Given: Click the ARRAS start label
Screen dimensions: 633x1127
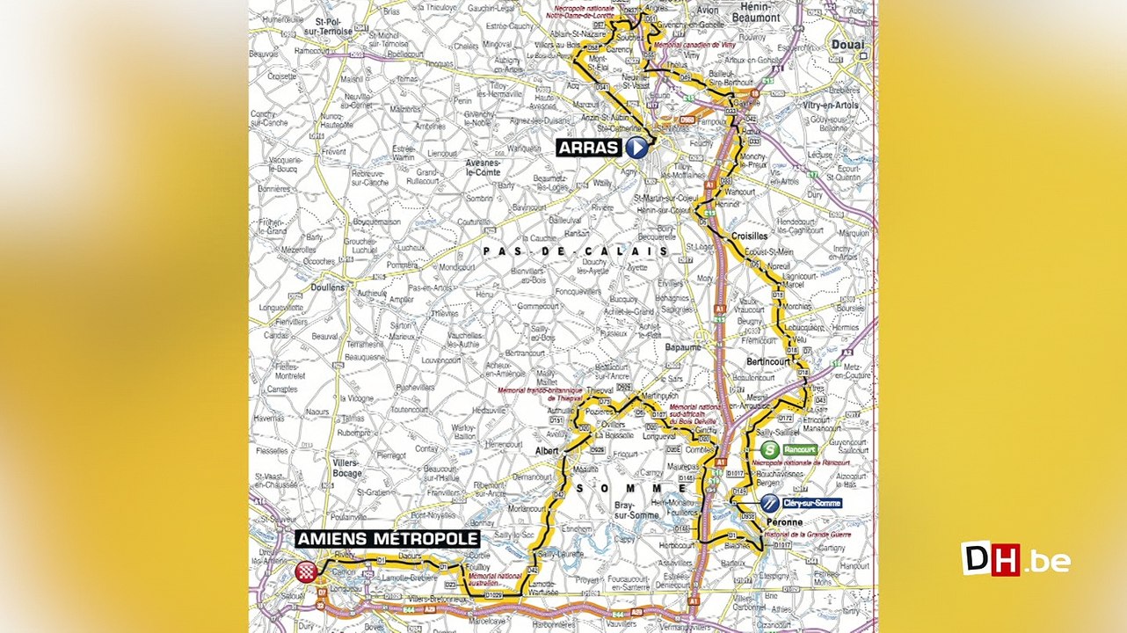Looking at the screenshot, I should [x=588, y=147].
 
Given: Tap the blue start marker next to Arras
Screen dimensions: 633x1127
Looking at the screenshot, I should [x=636, y=148].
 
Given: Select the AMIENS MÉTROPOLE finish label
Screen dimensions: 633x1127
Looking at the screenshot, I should [x=388, y=539].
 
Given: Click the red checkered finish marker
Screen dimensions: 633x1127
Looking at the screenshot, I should [x=306, y=571].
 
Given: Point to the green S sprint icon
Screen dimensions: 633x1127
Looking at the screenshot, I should [x=769, y=450].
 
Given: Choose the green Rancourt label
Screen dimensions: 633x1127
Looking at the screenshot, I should [x=799, y=450].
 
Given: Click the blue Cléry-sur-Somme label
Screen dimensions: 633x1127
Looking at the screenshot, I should [x=811, y=503].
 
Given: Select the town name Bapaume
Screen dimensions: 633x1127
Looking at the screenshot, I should [x=683, y=348].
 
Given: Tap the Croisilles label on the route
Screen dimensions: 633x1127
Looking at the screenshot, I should [x=748, y=236].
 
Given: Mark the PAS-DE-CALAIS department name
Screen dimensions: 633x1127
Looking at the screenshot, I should [x=575, y=251].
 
